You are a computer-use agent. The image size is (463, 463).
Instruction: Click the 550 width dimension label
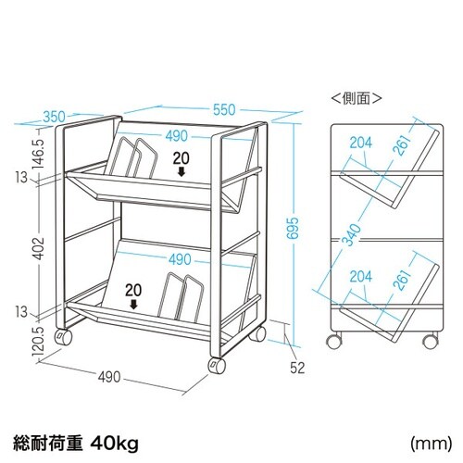point(224,110)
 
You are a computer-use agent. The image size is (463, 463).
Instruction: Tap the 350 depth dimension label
point(54,117)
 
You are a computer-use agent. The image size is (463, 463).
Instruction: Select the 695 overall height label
point(293,228)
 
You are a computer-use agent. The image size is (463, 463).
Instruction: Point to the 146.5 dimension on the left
point(39,153)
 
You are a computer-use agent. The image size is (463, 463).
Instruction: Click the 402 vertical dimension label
point(39,248)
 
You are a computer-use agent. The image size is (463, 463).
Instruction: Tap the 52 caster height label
point(297,368)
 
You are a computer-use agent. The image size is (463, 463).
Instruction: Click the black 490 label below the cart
point(109,377)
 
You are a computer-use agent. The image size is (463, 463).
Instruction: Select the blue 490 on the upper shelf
point(176,136)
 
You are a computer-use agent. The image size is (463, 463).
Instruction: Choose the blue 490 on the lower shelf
point(180,259)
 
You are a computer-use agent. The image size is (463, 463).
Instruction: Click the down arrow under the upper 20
point(181,171)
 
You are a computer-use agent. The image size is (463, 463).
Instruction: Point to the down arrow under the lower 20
point(133,305)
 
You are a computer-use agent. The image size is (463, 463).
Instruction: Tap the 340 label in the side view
point(353,235)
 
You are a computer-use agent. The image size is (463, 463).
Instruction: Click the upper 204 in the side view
point(361,143)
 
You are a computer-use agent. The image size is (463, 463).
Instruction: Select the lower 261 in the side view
point(403,280)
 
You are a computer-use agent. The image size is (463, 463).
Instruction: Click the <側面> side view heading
point(357,98)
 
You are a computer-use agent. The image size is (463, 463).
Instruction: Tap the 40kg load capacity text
point(115,444)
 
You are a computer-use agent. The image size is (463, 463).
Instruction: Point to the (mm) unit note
point(431,444)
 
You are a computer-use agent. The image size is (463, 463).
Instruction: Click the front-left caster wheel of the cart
point(217,366)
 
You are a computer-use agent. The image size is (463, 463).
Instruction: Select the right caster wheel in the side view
point(431,341)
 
